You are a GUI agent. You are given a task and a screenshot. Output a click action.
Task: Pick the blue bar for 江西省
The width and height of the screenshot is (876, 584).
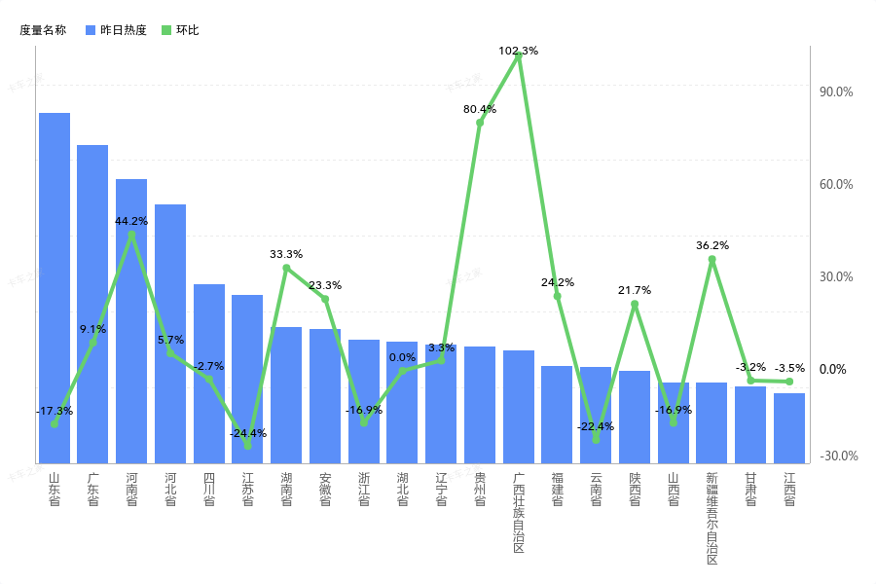point(789,427)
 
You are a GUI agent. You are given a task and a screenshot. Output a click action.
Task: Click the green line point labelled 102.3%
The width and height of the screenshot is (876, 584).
point(518,56)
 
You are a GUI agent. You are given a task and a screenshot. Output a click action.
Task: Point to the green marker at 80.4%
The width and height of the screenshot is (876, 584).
point(480,123)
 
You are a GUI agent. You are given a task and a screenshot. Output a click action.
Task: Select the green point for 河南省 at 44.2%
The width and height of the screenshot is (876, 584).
point(131,235)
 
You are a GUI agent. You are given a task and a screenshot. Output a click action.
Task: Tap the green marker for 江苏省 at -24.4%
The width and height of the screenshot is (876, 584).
point(247,445)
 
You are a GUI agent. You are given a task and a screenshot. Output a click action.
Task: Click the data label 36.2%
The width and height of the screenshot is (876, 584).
point(712,245)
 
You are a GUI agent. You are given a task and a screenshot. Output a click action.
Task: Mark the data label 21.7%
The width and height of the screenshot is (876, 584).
point(635,290)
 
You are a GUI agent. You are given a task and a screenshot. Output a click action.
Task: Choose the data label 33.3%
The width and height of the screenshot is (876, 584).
point(286,254)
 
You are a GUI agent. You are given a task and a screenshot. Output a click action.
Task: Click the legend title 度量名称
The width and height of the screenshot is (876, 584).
point(43,30)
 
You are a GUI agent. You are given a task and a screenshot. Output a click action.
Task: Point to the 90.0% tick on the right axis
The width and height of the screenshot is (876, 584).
point(837,92)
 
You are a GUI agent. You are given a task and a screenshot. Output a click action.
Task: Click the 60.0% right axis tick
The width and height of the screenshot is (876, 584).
point(837,185)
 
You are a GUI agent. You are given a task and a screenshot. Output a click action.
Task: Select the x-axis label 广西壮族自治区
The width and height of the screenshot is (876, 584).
point(519,513)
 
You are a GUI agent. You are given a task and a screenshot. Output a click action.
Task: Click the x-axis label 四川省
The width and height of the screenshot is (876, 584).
point(209,489)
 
